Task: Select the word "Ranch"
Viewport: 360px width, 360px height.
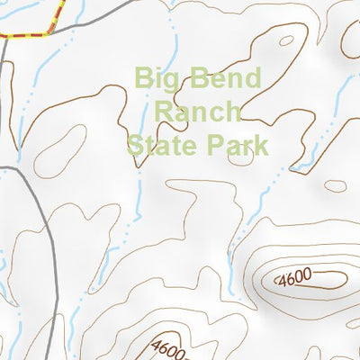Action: click(199, 111)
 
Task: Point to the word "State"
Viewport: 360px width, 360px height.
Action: click(163, 143)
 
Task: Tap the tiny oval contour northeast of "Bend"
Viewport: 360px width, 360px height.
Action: click(286, 40)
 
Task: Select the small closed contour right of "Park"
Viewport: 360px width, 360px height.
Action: click(335, 186)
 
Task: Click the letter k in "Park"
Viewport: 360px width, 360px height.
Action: click(261, 143)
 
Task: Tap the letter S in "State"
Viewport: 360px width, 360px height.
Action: click(135, 143)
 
